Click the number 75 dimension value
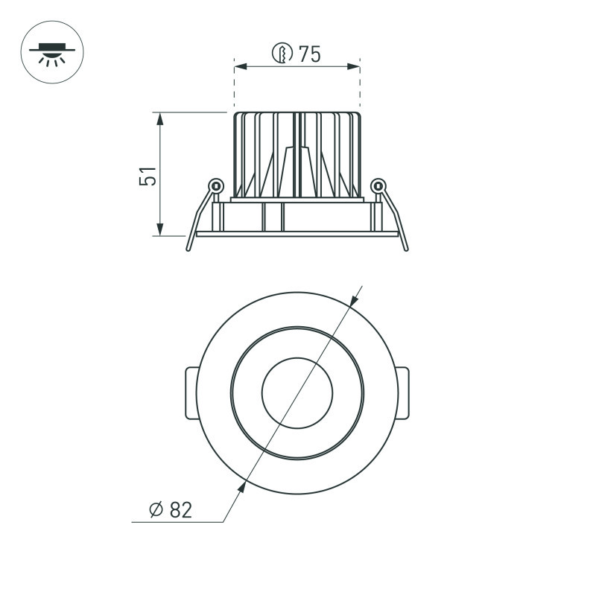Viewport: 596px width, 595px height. (x=309, y=54)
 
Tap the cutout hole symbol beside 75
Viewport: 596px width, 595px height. (x=283, y=54)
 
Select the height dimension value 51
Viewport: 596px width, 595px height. (x=148, y=176)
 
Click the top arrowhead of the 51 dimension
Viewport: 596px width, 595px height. (x=159, y=118)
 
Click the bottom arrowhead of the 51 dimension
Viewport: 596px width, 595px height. (x=159, y=230)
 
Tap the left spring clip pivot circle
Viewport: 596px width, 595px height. (x=216, y=185)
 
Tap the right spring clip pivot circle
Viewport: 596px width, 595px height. (x=378, y=185)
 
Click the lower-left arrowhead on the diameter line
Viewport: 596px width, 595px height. (x=242, y=486)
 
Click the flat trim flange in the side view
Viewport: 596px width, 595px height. (x=297, y=234)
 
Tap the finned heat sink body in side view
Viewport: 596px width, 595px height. (x=297, y=153)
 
